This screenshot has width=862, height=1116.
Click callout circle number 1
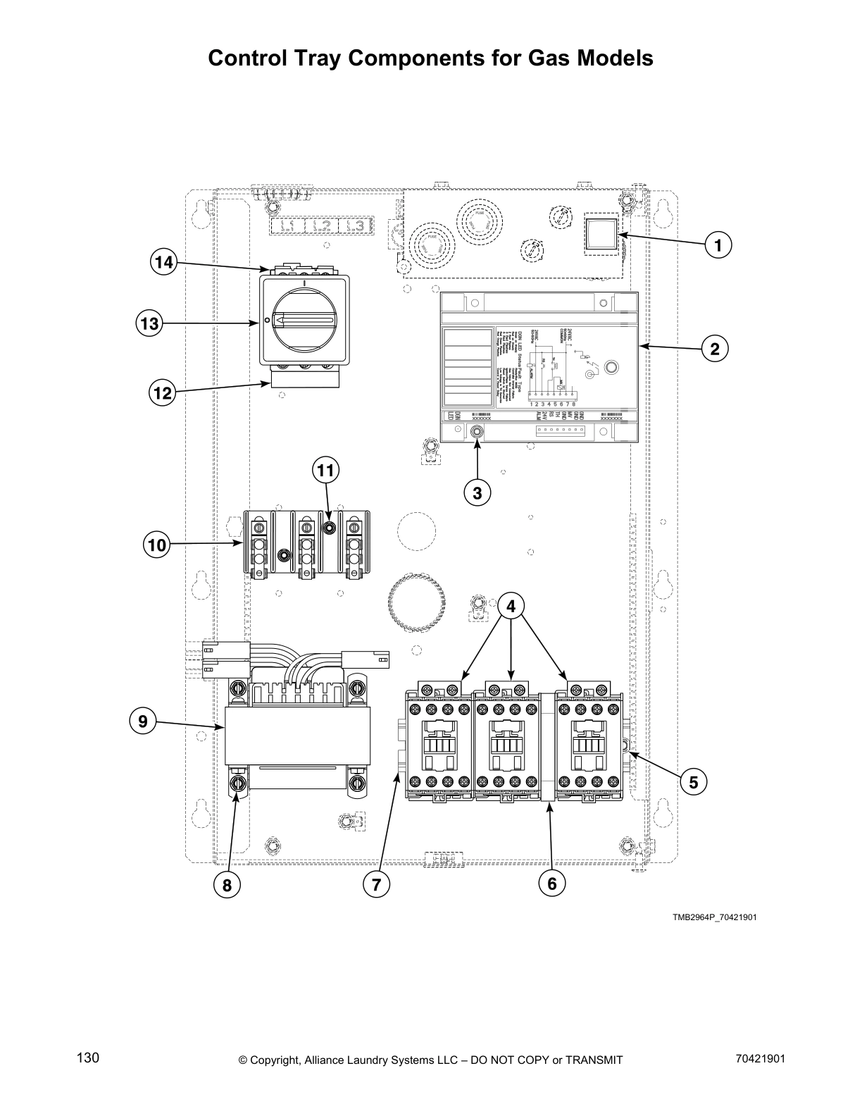(718, 245)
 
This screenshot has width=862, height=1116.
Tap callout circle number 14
(163, 263)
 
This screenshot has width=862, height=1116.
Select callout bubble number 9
(143, 721)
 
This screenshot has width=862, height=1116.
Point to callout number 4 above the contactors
(511, 605)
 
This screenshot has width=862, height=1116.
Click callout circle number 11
(325, 470)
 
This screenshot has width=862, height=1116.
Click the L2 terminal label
(323, 226)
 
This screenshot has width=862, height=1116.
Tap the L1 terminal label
(287, 226)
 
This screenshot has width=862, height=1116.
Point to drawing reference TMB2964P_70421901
(714, 917)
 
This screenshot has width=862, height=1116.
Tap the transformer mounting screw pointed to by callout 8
(238, 783)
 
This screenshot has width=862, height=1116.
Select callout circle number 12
(163, 392)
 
